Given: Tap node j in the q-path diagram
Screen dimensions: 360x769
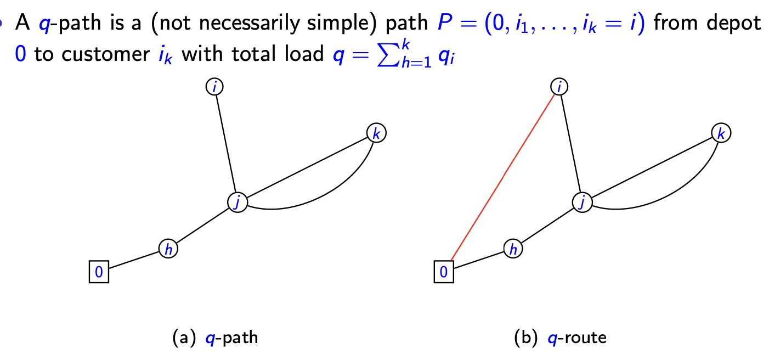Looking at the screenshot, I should pyautogui.click(x=238, y=202).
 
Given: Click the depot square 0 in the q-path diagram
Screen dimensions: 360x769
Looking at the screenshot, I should pyautogui.click(x=99, y=272).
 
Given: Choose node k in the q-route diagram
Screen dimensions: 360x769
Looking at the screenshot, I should pyautogui.click(x=721, y=133).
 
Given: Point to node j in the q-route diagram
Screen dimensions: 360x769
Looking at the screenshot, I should pyautogui.click(x=582, y=202).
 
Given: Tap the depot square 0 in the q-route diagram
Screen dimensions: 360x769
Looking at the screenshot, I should pyautogui.click(x=444, y=272).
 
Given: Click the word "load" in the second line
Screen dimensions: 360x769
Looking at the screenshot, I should pyautogui.click(x=304, y=56).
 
